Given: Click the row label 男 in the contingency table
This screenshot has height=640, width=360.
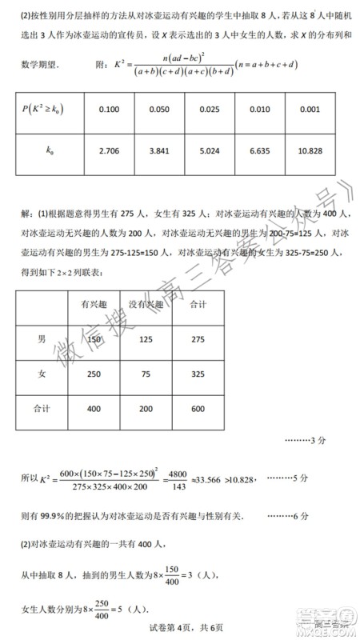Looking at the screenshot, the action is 42,339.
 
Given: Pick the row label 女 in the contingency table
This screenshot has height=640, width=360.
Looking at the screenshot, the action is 42,374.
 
